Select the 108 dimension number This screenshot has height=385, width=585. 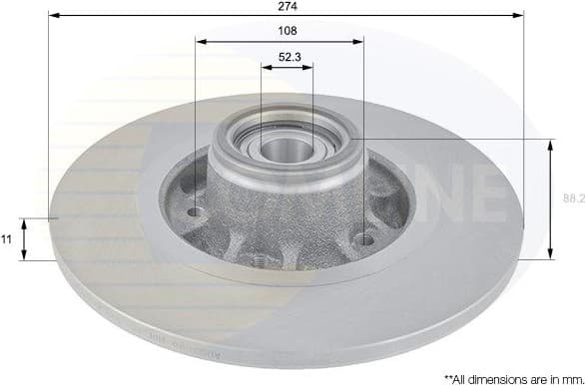[x=287, y=31]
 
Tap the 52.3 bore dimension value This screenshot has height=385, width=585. [x=287, y=56]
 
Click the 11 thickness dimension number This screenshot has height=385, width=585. [x=8, y=239]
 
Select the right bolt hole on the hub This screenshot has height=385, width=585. [x=365, y=239]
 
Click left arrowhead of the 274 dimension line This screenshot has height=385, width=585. [x=53, y=16]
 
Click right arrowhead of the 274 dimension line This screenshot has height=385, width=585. [x=519, y=16]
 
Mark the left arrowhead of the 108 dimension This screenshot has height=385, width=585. [x=201, y=42]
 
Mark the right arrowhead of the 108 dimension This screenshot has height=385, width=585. [x=359, y=42]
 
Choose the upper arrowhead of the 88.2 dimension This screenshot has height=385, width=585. [x=550, y=145]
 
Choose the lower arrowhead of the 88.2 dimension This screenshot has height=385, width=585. [x=550, y=253]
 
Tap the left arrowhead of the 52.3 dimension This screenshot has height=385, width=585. [x=266, y=67]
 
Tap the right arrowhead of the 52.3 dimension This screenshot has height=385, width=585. [x=307, y=67]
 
